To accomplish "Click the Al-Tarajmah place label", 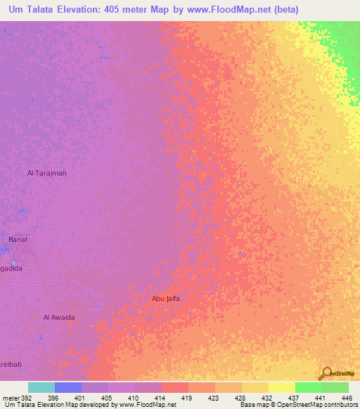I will coord(46,173).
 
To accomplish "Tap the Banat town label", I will coord(18,240).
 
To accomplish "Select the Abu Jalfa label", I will coord(166,299).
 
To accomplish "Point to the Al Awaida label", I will coord(59,317).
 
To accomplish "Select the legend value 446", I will coord(346,397).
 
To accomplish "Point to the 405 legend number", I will coord(106,397).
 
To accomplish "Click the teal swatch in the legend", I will coord(41,387).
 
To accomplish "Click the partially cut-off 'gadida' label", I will coord(11,268).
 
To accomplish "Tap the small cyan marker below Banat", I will coord(13,263).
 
